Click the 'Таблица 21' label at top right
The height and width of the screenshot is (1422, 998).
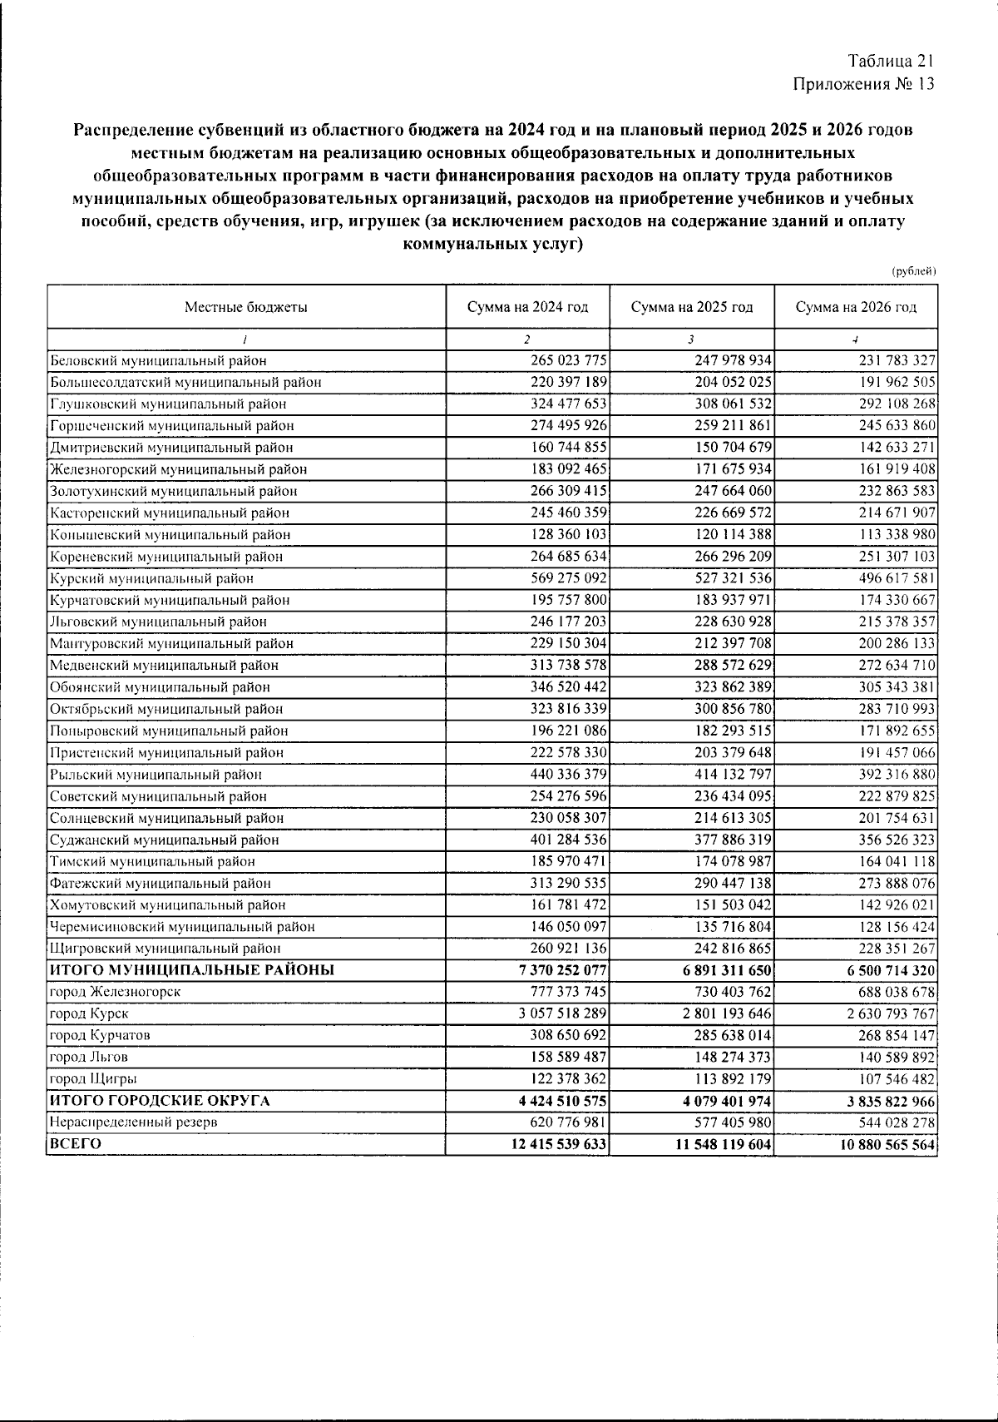coord(891,62)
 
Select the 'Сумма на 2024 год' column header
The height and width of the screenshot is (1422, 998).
coord(527,307)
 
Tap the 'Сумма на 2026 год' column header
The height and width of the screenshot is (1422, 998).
coord(856,307)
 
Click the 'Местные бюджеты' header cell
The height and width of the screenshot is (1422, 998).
coord(245,307)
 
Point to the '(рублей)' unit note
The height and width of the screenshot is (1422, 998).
coord(913,271)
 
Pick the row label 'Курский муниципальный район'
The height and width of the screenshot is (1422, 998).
coord(151,578)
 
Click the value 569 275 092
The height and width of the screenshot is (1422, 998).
coord(569,578)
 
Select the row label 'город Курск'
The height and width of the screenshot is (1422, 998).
coord(89,1013)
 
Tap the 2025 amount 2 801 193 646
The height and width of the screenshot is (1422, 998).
coord(721,1013)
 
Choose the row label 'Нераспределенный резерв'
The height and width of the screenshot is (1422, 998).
coord(134,1122)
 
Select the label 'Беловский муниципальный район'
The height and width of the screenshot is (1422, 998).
coord(158,361)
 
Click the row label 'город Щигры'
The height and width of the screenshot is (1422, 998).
coord(93,1079)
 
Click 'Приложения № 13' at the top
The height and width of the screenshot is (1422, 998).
coord(864,84)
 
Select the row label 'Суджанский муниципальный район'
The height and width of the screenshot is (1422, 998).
coord(164,840)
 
